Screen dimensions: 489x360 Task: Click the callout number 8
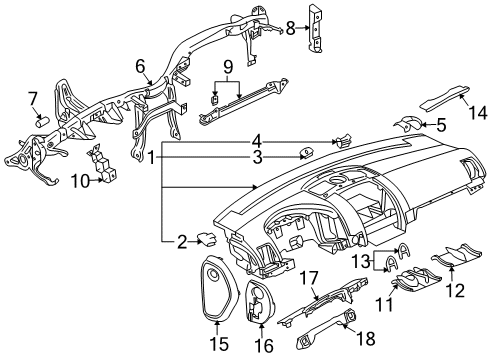point(291,28)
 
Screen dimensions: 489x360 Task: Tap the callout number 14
point(477,112)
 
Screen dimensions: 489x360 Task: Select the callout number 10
point(81,181)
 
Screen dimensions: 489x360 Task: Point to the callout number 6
point(141,66)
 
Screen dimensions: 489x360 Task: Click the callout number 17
point(309,278)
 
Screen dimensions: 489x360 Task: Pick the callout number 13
point(361,261)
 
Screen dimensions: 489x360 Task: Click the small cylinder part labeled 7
point(42,120)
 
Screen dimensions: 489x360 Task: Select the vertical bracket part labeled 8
point(315,29)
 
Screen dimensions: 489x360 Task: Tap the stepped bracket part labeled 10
point(102,163)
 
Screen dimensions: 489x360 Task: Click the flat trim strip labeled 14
point(444,98)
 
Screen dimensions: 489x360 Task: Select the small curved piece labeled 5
point(409,123)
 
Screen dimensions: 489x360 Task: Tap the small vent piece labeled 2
point(207,239)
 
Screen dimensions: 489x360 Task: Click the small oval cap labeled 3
point(306,153)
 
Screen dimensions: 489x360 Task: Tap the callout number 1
point(151,157)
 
